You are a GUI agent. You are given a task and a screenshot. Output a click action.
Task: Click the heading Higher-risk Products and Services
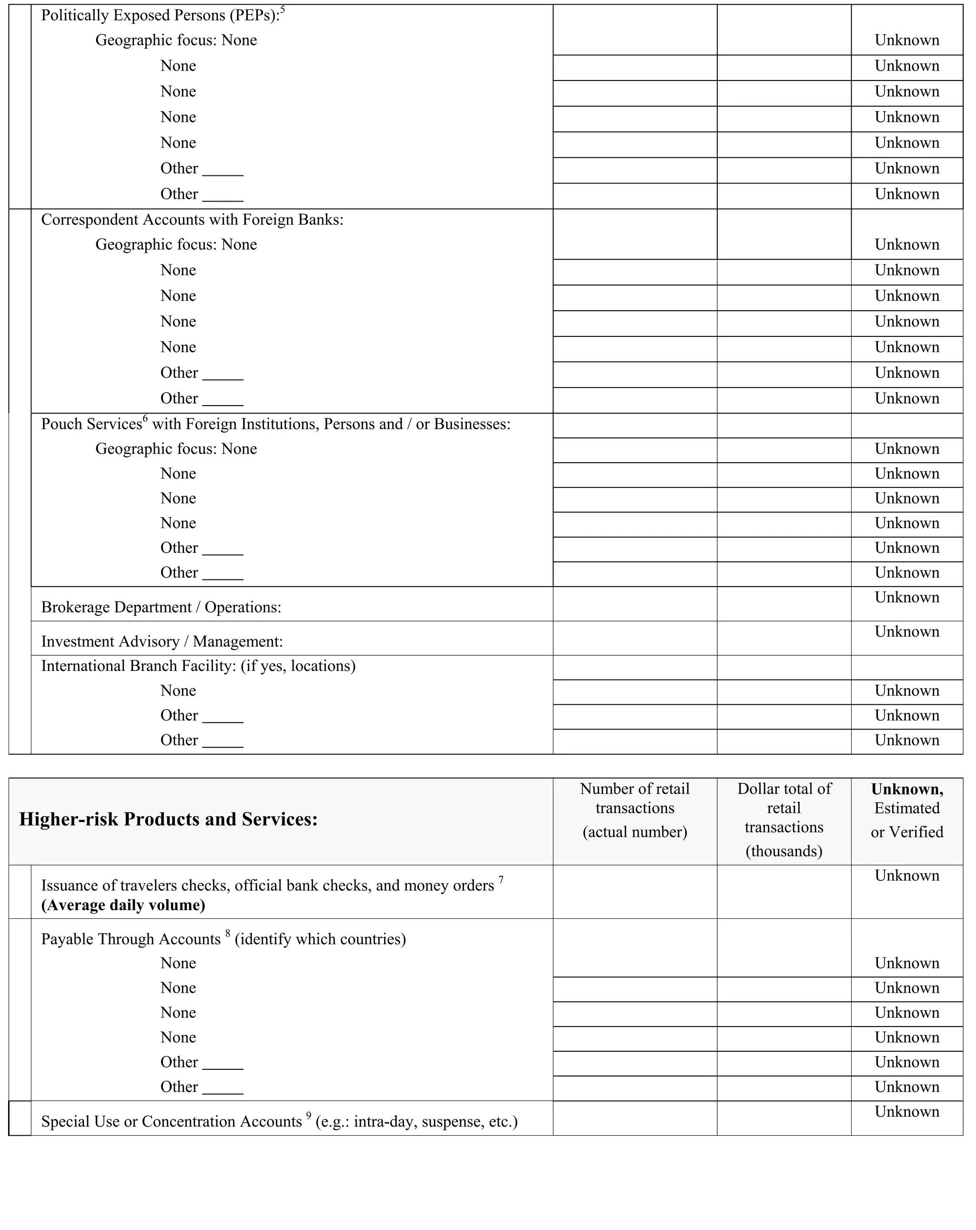tap(168, 819)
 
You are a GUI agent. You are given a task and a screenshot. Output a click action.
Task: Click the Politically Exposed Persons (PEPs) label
tap(160, 15)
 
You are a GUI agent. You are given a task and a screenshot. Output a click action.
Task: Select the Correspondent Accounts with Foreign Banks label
tap(192, 220)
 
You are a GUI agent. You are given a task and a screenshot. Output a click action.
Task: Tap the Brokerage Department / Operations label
tap(161, 607)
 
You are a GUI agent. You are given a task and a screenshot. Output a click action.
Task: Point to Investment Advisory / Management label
tap(162, 641)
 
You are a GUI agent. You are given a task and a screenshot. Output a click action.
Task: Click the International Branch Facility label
tap(198, 666)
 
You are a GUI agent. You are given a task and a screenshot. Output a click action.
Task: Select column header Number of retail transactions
tap(634, 810)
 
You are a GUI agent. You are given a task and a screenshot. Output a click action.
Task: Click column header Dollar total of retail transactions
tap(784, 819)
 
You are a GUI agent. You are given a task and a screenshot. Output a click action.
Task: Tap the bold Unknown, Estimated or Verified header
tap(906, 810)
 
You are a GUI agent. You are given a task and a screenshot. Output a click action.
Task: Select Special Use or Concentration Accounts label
tap(171, 1122)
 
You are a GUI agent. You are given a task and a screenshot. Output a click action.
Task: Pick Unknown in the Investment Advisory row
tap(906, 631)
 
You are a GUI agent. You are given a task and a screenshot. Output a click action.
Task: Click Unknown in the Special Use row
tap(906, 1111)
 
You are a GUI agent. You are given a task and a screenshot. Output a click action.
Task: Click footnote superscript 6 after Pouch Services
tap(145, 419)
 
